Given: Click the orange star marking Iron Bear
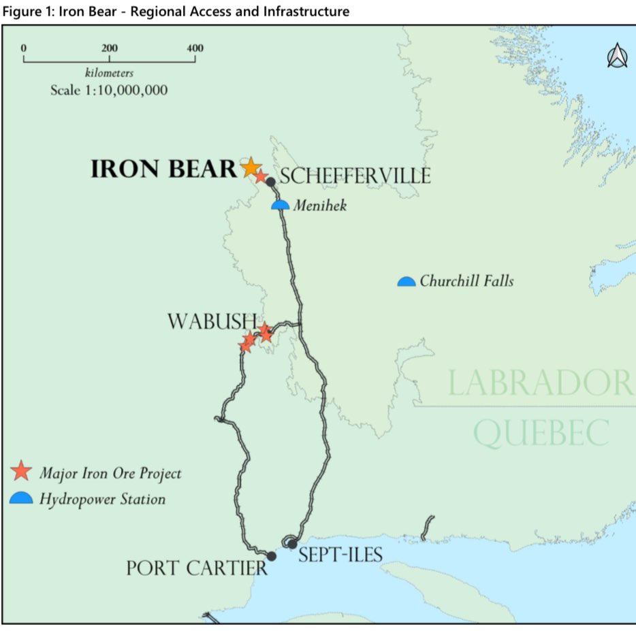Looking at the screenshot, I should coord(251,166).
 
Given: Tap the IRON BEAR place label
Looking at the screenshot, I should coord(163,169).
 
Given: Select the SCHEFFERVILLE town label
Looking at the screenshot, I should coord(355,176).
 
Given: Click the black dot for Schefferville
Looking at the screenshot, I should coord(270,182).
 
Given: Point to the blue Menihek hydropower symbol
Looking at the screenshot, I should coord(281,205).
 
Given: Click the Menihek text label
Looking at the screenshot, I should coord(319,204).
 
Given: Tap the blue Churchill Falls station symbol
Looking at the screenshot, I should coord(407,281).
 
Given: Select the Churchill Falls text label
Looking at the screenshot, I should coord(466,280).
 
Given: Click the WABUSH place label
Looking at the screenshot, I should coord(212,322).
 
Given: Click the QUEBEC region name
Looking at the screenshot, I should coord(541,433).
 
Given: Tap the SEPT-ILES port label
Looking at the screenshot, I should coord(340,555).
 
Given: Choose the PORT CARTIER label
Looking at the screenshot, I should coord(197,568).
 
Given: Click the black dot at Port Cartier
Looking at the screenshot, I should coord(272,556).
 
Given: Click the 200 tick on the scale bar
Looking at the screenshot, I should coord(110,49).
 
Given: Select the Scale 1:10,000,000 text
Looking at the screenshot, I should coord(109,90).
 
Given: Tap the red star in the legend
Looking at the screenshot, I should coord(22,471).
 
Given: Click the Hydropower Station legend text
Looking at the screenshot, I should coord(102,499).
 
